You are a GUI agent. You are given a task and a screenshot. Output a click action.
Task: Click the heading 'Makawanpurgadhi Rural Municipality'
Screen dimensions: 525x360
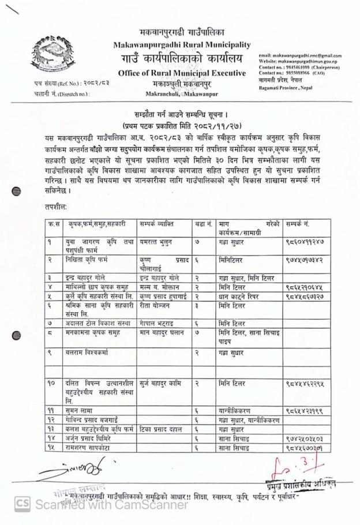[182, 44]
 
